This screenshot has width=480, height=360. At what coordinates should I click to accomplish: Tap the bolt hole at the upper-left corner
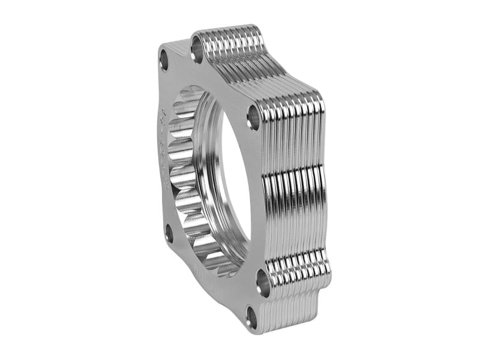point(164,59)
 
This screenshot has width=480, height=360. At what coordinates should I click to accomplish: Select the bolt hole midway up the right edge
point(254,117)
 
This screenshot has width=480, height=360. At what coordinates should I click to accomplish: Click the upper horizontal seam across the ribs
point(294,174)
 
